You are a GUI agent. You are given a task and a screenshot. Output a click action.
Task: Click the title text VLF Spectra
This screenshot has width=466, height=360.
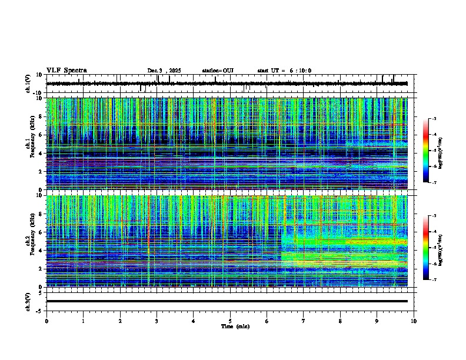(66, 71)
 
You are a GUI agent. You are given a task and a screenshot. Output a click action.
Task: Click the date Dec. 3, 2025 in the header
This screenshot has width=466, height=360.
(164, 71)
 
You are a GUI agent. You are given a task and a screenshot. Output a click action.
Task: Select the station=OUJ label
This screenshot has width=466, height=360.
(218, 71)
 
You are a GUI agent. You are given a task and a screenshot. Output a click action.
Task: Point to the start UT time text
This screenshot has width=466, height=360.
(284, 71)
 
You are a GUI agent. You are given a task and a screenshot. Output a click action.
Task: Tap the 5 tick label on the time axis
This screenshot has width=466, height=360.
(230, 321)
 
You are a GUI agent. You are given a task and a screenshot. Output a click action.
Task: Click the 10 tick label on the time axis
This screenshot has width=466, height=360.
(414, 321)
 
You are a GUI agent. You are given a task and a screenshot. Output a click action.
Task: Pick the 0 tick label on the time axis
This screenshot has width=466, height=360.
(46, 321)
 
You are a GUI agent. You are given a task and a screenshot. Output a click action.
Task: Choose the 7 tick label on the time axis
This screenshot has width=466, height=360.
(304, 321)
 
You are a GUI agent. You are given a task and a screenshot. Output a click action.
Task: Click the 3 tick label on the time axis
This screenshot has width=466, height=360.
(157, 321)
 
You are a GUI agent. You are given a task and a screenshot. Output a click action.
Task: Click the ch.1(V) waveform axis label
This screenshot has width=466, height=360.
(28, 84)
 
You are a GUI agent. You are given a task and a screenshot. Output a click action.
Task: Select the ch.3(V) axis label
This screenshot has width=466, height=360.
(28, 301)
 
